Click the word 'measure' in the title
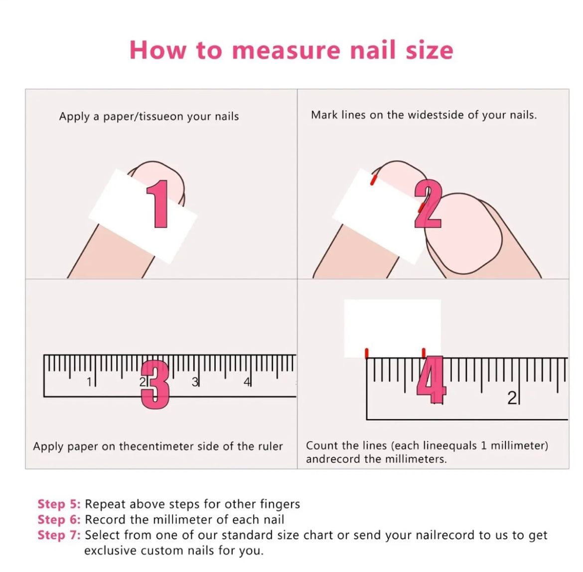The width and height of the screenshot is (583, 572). click(286, 51)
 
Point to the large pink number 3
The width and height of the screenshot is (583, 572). click(155, 384)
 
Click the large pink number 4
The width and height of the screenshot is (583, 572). click(432, 380)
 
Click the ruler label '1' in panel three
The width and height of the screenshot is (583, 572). click(89, 382)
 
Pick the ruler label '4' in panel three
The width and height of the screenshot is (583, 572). click(247, 382)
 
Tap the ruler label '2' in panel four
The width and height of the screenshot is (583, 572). click(512, 398)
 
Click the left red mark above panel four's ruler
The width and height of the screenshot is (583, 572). click(367, 353)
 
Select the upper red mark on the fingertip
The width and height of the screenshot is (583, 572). click(373, 181)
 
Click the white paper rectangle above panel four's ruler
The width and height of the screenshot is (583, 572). click(392, 328)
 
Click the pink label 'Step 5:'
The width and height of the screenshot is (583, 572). click(59, 504)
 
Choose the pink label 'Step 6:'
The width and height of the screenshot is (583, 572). click(59, 520)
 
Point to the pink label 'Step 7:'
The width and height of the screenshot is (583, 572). click(59, 535)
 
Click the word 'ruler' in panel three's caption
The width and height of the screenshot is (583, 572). click(270, 446)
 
